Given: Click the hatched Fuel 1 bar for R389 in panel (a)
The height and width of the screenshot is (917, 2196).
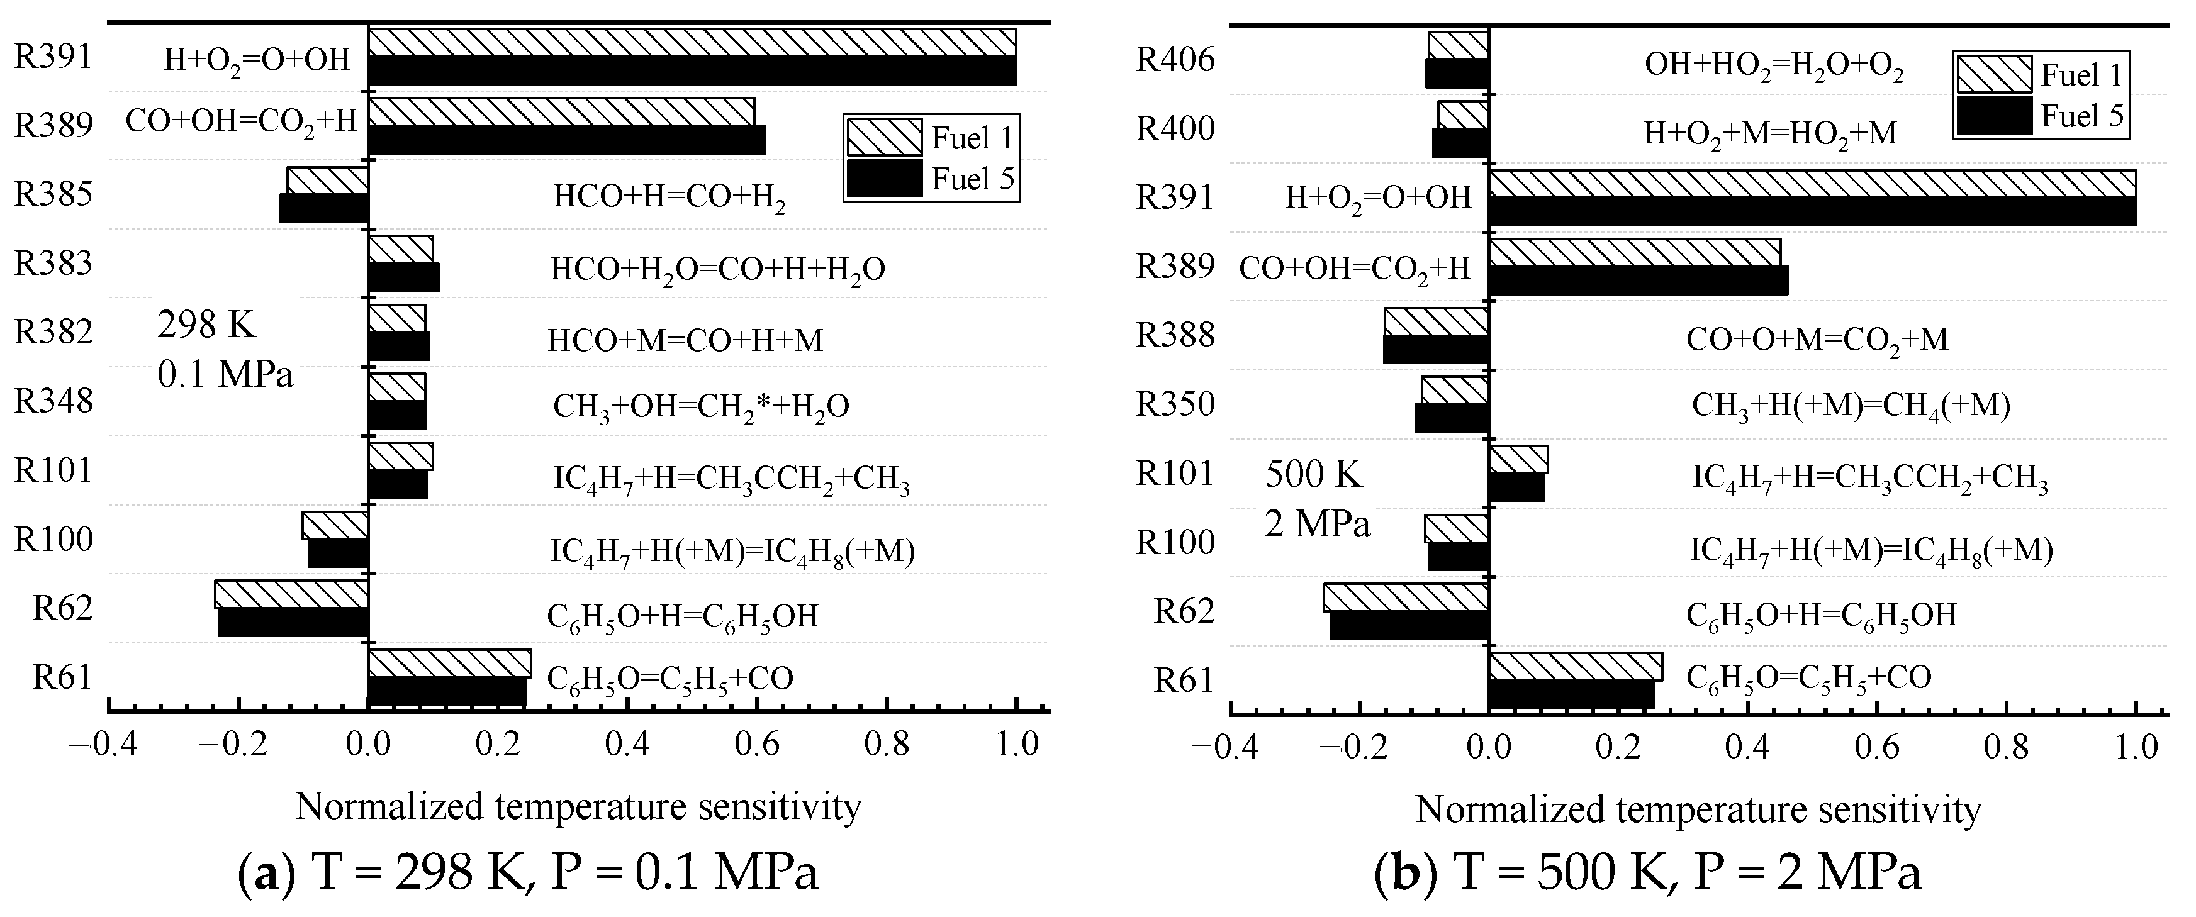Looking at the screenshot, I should pyautogui.click(x=561, y=112).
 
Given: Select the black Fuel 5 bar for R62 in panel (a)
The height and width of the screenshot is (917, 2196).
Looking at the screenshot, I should pyautogui.click(x=293, y=622).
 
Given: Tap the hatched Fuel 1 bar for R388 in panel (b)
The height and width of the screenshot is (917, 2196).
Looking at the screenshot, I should pyautogui.click(x=1436, y=321).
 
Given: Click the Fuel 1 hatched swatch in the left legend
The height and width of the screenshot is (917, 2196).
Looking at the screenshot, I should pyautogui.click(x=884, y=137).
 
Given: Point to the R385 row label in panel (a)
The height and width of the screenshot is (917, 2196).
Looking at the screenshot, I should pyautogui.click(x=53, y=194).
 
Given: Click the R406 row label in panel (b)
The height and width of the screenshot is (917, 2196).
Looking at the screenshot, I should pyautogui.click(x=1175, y=60).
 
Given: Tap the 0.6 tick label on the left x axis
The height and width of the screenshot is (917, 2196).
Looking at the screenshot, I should pyautogui.click(x=757, y=744).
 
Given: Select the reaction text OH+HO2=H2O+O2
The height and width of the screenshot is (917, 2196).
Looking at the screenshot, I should pyautogui.click(x=1773, y=65).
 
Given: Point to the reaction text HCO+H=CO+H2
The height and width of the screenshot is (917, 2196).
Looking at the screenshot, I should pyautogui.click(x=669, y=197).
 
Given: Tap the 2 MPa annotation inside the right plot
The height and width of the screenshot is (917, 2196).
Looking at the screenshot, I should pyautogui.click(x=1317, y=523).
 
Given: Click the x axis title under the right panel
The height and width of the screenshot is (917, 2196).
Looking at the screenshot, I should pyautogui.click(x=1698, y=809).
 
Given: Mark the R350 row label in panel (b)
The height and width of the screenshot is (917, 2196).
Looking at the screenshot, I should pyautogui.click(x=1175, y=404).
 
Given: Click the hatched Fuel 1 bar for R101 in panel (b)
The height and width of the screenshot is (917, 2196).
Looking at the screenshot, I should pyautogui.click(x=1518, y=459).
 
